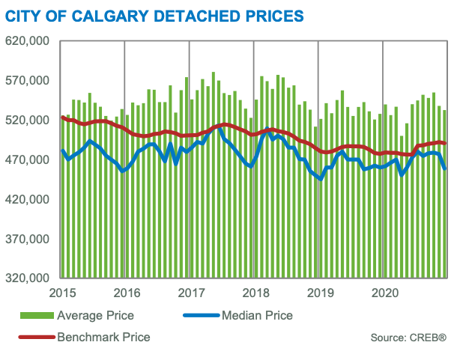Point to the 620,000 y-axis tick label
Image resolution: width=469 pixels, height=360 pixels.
point(28,42)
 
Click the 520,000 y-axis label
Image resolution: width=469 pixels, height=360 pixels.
point(28,120)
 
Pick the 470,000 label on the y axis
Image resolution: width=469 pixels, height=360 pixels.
point(28,160)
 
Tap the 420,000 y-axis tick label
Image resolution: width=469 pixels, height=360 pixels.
point(28,199)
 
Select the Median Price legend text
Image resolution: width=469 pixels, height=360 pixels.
point(257,316)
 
